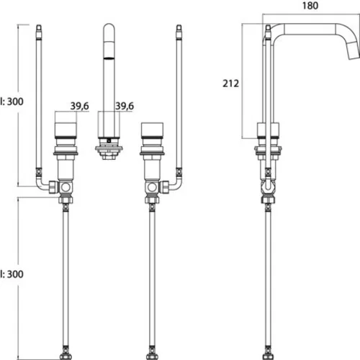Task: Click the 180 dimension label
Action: click(x=310, y=6)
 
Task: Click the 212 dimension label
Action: click(x=230, y=84)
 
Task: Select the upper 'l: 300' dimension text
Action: click(x=12, y=102)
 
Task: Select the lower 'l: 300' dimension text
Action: click(x=12, y=274)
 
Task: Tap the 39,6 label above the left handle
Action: click(x=80, y=106)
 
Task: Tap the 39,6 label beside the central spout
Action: click(x=125, y=106)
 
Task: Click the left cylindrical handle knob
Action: click(x=66, y=130)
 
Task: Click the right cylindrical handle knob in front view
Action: click(x=152, y=130)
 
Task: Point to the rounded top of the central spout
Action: click(x=109, y=28)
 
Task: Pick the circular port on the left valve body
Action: click(x=66, y=187)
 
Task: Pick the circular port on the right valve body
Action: click(x=152, y=187)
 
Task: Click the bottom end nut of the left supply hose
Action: click(x=66, y=356)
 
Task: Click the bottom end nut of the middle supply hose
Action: click(x=152, y=356)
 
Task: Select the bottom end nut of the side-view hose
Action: click(x=268, y=356)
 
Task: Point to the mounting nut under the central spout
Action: click(x=109, y=151)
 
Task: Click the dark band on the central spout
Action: click(x=109, y=58)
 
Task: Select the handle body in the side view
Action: click(x=268, y=130)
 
